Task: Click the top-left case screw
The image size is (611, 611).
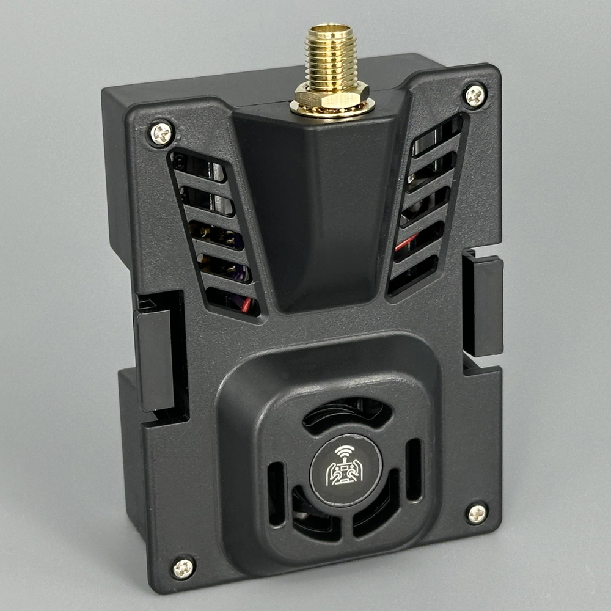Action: point(161,133)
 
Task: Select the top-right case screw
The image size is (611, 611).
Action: point(475,95)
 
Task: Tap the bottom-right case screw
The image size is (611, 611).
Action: point(476,513)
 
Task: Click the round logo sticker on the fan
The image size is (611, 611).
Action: point(345,470)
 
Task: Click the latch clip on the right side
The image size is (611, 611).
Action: point(483,305)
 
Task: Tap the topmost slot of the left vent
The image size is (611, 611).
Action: point(199,166)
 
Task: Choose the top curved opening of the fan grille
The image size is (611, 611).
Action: point(346,412)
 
